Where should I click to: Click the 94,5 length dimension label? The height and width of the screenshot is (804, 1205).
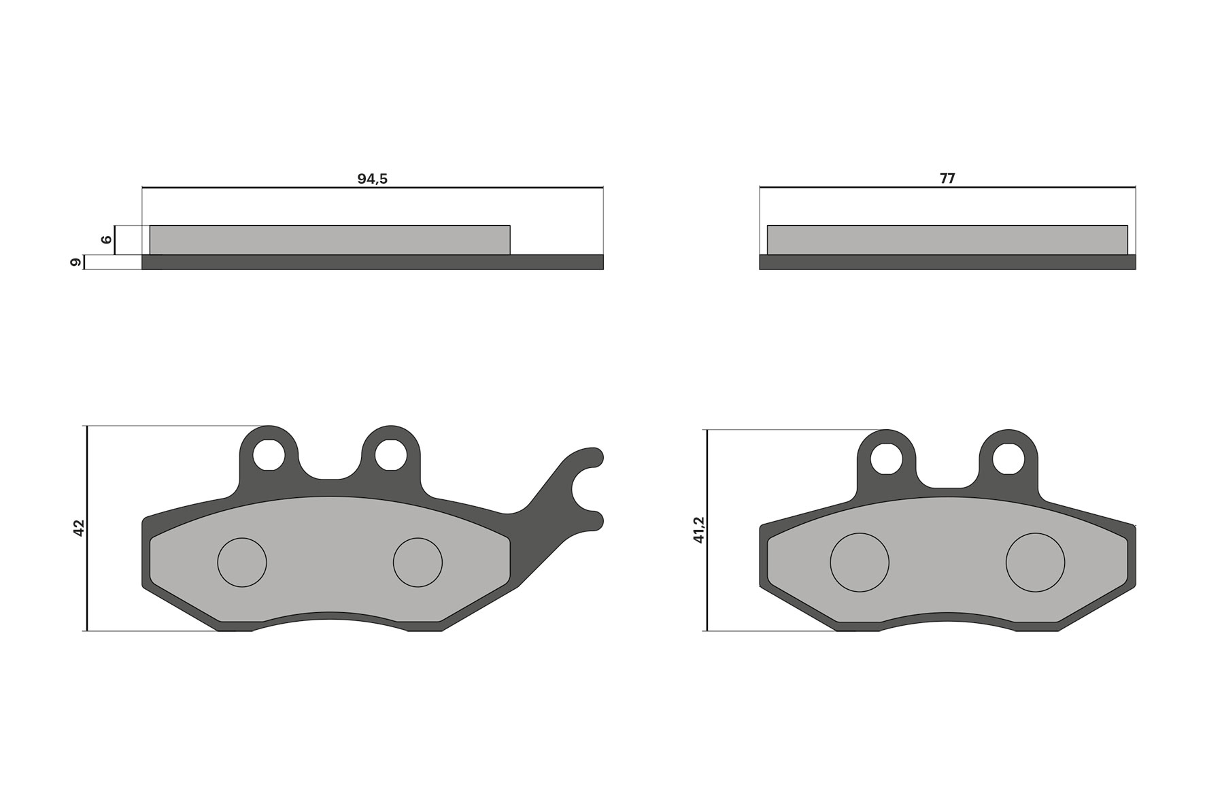[x=372, y=179]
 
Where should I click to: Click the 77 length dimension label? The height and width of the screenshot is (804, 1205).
[x=947, y=179]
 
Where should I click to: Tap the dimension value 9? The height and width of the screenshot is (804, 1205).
[x=76, y=262]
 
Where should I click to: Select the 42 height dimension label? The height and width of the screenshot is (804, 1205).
[x=79, y=528]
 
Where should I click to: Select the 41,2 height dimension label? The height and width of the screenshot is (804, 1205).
[x=699, y=530]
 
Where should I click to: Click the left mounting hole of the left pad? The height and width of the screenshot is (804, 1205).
[x=269, y=454]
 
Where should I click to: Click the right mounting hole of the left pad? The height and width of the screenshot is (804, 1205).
[x=390, y=454]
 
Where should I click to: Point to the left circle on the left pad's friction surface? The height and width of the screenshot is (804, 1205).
[x=242, y=563]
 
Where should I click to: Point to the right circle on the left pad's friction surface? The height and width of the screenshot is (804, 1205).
[x=418, y=563]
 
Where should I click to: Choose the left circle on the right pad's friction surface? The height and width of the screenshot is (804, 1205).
[x=860, y=563]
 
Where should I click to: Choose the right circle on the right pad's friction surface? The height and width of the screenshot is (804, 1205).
[x=1035, y=563]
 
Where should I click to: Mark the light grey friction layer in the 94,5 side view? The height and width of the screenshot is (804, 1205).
[x=329, y=239]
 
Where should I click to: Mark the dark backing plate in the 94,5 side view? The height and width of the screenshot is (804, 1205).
[x=372, y=263]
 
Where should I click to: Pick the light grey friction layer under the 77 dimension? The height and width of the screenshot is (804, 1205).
[x=947, y=239]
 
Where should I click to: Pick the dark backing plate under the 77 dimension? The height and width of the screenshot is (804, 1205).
[x=947, y=263]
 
